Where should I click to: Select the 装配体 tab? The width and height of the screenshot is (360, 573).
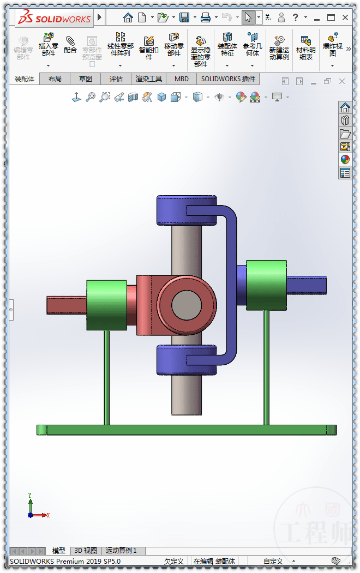click(x=24, y=79)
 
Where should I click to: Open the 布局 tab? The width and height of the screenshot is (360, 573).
click(x=55, y=79)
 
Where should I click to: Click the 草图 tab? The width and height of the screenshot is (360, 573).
click(x=86, y=79)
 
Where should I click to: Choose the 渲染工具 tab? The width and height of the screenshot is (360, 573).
click(x=149, y=79)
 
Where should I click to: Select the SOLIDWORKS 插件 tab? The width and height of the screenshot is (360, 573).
click(x=228, y=79)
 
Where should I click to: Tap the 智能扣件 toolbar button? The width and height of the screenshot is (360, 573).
click(x=148, y=47)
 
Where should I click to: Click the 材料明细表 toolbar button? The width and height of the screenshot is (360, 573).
click(x=305, y=47)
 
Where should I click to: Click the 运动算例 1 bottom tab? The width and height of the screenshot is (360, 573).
click(x=121, y=551)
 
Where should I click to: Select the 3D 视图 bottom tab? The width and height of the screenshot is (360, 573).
click(x=86, y=551)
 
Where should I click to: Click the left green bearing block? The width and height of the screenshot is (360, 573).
click(x=106, y=305)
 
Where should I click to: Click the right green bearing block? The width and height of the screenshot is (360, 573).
click(x=266, y=285)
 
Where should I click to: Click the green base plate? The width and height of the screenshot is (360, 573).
click(x=186, y=430)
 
